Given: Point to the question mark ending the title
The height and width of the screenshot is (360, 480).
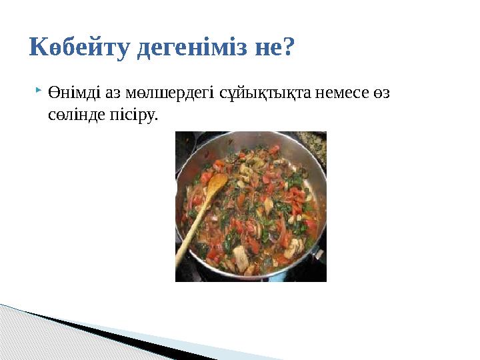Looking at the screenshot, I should tap(288, 47).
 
